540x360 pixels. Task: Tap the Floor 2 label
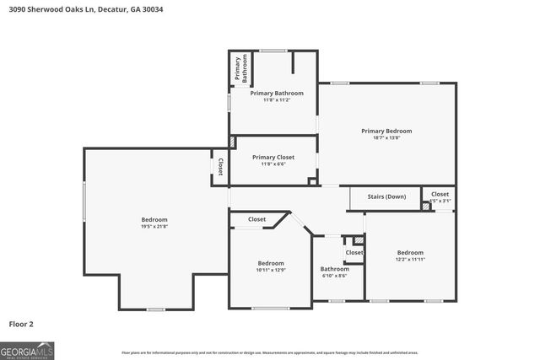click(x=22, y=323)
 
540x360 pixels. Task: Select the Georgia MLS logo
click(x=27, y=350)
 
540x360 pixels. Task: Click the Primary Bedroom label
click(x=386, y=131)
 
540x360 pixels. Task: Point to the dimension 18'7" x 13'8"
click(x=386, y=138)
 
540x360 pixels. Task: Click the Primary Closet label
click(x=273, y=157)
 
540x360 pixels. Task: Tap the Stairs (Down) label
click(x=386, y=196)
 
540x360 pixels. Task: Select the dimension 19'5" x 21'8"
click(x=154, y=227)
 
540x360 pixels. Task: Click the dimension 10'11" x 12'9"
click(x=271, y=270)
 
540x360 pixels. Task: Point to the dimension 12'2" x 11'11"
click(x=410, y=260)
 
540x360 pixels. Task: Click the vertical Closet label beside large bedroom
click(x=220, y=167)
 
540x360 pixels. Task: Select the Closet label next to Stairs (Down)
click(x=440, y=194)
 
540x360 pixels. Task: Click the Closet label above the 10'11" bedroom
click(x=256, y=219)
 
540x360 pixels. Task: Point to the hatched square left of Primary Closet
click(x=233, y=142)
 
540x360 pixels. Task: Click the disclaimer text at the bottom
click(x=270, y=352)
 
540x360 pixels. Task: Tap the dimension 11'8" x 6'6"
click(x=273, y=164)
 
